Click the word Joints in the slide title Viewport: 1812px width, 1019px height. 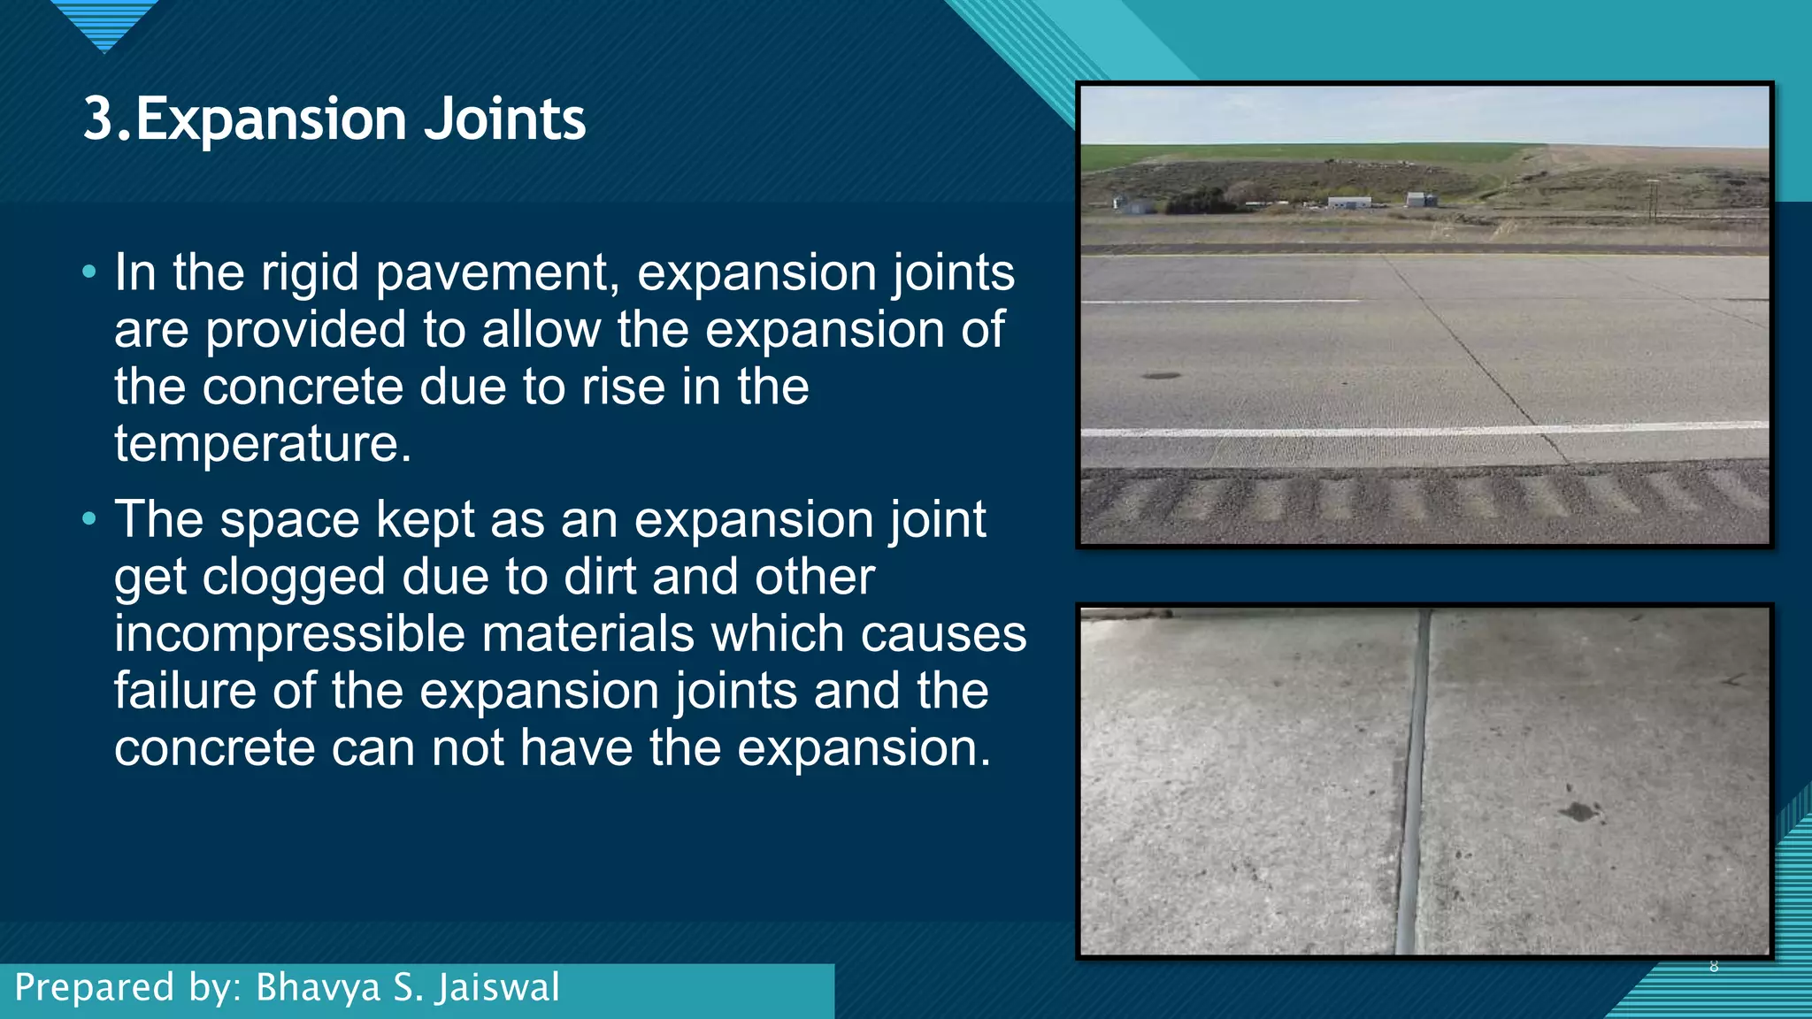pyautogui.click(x=504, y=119)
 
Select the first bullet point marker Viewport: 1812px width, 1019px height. pyautogui.click(x=88, y=272)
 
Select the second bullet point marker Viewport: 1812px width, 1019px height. pyautogui.click(x=88, y=519)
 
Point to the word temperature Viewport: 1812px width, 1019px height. pyautogui.click(x=262, y=444)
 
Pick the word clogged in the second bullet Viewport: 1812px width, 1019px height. pyautogui.click(x=294, y=578)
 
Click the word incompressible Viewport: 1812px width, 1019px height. pyautogui.click(x=289, y=635)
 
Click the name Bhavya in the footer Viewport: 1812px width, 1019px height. pyautogui.click(x=318, y=988)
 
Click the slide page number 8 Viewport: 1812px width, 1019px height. pyautogui.click(x=1714, y=966)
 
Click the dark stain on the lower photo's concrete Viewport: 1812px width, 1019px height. pyautogui.click(x=1578, y=810)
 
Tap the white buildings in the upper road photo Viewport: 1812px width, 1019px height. pyautogui.click(x=1349, y=203)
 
